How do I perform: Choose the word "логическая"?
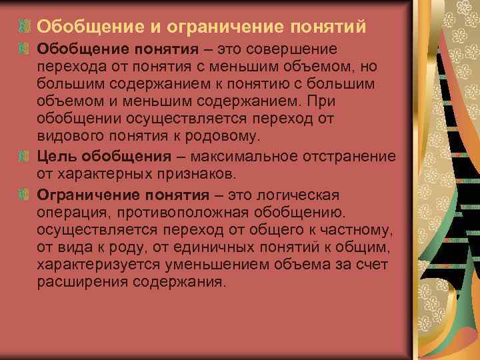tap(293, 195)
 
